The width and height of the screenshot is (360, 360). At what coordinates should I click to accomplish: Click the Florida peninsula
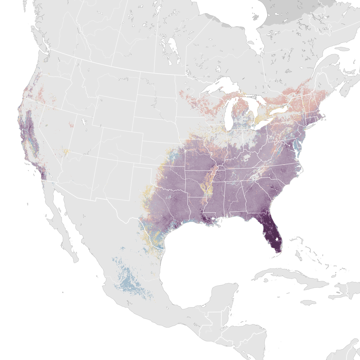[x=271, y=231]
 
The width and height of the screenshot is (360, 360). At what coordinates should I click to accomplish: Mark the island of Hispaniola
[x=342, y=292]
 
